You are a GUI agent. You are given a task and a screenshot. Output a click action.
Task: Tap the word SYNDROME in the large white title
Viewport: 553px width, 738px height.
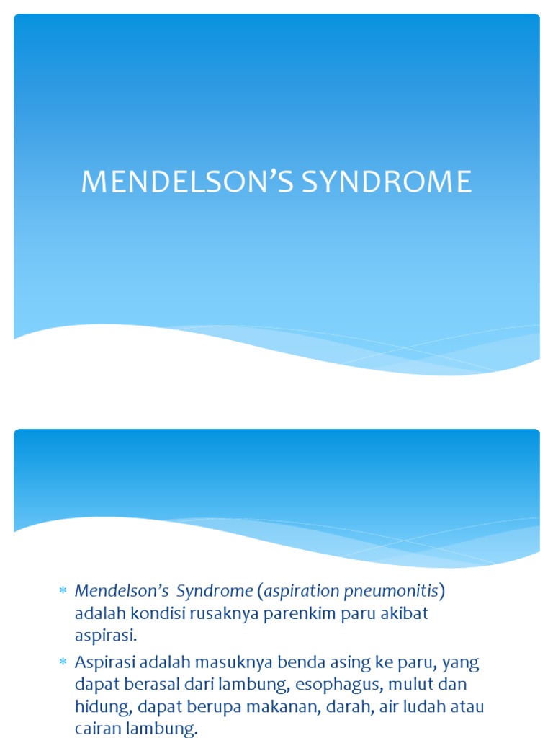click(387, 182)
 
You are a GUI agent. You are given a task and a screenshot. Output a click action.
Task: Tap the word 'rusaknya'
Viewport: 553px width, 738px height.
click(225, 615)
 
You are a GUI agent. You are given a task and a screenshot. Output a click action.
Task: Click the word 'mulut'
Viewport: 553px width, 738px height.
click(405, 685)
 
